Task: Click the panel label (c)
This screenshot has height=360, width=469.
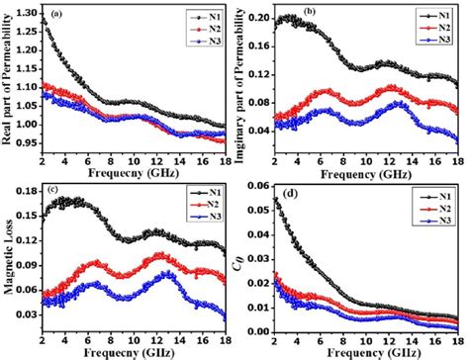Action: [61, 195]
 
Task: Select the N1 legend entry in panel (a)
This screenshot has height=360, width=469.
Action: [203, 17]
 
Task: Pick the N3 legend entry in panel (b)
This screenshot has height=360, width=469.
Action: [441, 43]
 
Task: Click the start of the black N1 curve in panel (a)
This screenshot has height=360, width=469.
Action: [46, 19]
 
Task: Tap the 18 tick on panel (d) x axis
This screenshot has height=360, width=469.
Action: [458, 341]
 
